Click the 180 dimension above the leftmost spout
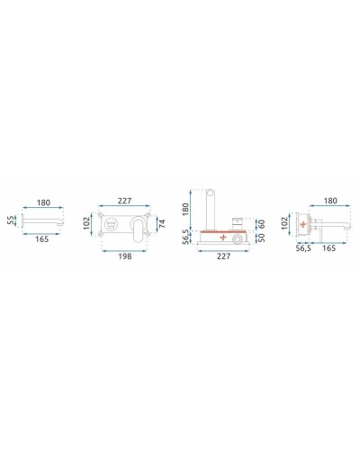(41, 202)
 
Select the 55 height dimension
(11, 219)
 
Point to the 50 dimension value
(262, 238)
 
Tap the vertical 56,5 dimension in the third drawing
(185, 235)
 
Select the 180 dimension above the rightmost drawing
(328, 202)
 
